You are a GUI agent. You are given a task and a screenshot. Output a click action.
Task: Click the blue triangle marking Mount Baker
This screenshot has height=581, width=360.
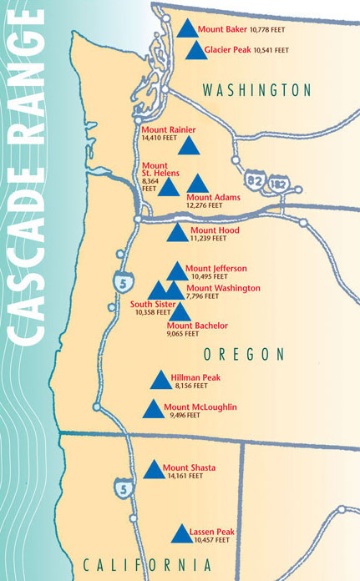click(187, 30)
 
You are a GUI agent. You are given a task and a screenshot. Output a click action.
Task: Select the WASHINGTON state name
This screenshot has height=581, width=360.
click(256, 90)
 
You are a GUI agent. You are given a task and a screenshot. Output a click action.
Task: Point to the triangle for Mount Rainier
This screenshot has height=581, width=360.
click(190, 149)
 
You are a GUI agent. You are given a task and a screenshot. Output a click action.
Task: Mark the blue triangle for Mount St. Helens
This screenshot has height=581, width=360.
click(169, 187)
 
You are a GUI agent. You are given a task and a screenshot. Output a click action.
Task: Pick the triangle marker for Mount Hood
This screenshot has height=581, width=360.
click(177, 234)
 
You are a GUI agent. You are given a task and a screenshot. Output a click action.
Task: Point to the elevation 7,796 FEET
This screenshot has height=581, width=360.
click(203, 296)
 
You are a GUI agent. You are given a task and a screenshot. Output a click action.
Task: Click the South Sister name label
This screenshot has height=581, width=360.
click(153, 305)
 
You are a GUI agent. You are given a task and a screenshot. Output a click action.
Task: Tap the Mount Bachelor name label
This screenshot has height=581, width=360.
click(197, 325)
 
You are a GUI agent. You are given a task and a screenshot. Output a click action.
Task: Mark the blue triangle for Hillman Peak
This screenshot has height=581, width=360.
click(160, 382)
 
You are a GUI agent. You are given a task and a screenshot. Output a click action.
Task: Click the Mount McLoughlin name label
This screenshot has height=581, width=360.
click(200, 407)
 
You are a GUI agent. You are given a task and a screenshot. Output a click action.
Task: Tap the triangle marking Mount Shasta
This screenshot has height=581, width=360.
click(153, 471)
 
